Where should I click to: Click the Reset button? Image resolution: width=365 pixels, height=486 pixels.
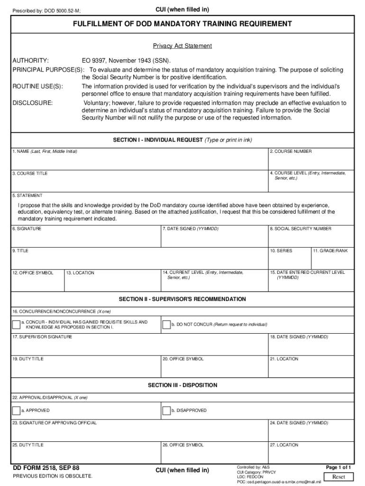tap(338, 477)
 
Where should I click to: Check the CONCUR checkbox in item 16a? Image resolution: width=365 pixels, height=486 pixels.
tap(17, 325)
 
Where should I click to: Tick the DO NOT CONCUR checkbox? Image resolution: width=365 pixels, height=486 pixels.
tap(166, 325)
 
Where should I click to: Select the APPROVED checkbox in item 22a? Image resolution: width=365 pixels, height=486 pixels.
tap(17, 411)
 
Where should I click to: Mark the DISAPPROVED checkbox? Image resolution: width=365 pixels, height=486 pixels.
tap(166, 411)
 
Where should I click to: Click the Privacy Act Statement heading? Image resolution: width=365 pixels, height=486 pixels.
tap(182, 46)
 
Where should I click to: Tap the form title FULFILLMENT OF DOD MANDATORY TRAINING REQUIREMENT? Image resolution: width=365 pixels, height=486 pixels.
tap(182, 24)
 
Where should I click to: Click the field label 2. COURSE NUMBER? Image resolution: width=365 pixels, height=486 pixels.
tap(291, 151)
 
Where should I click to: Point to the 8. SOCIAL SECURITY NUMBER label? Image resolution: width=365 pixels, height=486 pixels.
tap(301, 229)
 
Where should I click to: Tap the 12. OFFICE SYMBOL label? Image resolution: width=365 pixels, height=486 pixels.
tap(33, 273)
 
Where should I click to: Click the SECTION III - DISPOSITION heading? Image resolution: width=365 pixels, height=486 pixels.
tap(182, 385)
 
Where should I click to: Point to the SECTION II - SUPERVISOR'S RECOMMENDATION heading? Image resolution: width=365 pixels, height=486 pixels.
tap(182, 299)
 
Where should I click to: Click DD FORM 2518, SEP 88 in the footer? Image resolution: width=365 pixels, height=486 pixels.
tap(46, 467)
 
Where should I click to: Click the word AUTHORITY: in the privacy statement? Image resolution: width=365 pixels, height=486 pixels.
tap(30, 61)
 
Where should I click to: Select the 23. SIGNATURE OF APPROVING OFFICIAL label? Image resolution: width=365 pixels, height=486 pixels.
tap(55, 422)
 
